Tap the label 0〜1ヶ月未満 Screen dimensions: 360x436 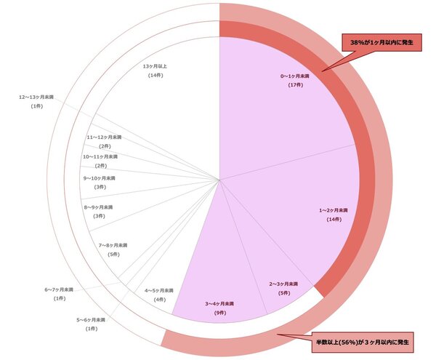[295, 76]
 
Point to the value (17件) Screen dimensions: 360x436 [295, 85]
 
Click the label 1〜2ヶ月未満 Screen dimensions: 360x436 [334, 209]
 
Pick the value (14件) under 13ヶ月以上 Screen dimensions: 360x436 [156, 76]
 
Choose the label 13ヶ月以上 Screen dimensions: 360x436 [156, 66]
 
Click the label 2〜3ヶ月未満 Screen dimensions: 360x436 [284, 283]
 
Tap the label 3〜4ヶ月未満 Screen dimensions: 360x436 [219, 303]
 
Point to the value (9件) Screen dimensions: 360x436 [219, 313]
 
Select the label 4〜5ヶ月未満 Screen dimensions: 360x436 [160, 290]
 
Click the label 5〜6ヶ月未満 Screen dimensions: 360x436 [92, 319]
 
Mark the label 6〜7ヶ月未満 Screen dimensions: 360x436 [60, 289]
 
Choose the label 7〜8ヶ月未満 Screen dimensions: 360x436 [113, 245]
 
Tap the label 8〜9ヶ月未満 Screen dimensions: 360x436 [99, 207]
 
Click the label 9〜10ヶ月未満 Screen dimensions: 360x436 [100, 177]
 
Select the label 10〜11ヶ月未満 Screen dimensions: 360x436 [100, 156]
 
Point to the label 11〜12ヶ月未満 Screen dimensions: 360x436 [105, 137]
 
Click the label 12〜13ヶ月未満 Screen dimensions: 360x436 [37, 97]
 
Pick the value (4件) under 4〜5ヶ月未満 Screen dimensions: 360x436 [160, 300]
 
